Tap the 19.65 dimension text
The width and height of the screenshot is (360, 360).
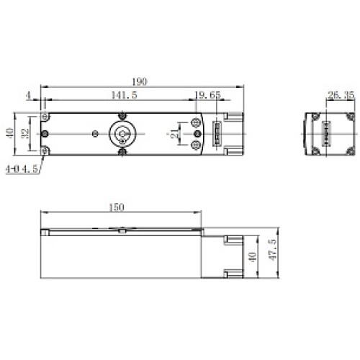(x=208, y=94)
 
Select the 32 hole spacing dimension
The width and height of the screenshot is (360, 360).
(x=26, y=133)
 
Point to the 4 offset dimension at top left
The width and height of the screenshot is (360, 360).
(x=27, y=94)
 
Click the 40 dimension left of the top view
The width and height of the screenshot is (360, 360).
(x=9, y=133)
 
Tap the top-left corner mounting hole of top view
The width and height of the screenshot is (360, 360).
(x=46, y=117)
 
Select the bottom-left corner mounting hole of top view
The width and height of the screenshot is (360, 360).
(x=46, y=150)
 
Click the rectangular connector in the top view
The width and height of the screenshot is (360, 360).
(x=214, y=135)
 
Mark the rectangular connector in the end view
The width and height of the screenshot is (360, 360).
(x=328, y=133)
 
